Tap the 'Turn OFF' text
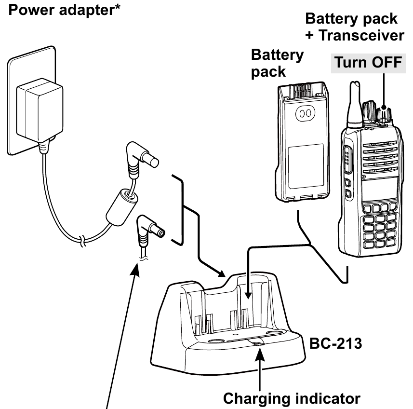click(x=368, y=63)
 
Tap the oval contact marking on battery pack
click(x=304, y=114)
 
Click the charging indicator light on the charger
click(x=257, y=343)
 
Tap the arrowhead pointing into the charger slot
click(x=247, y=294)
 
